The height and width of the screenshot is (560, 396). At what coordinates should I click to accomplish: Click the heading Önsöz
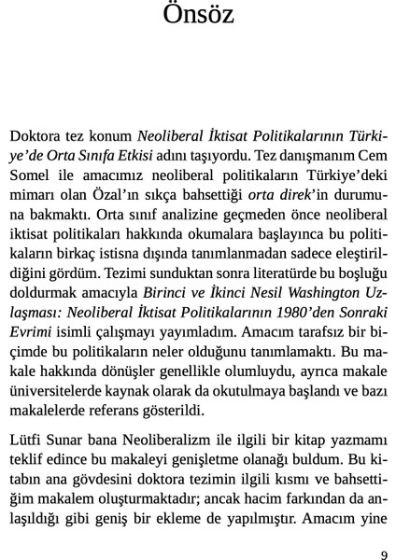pos(198,16)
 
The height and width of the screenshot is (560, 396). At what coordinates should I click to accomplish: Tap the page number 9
pos(384,553)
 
